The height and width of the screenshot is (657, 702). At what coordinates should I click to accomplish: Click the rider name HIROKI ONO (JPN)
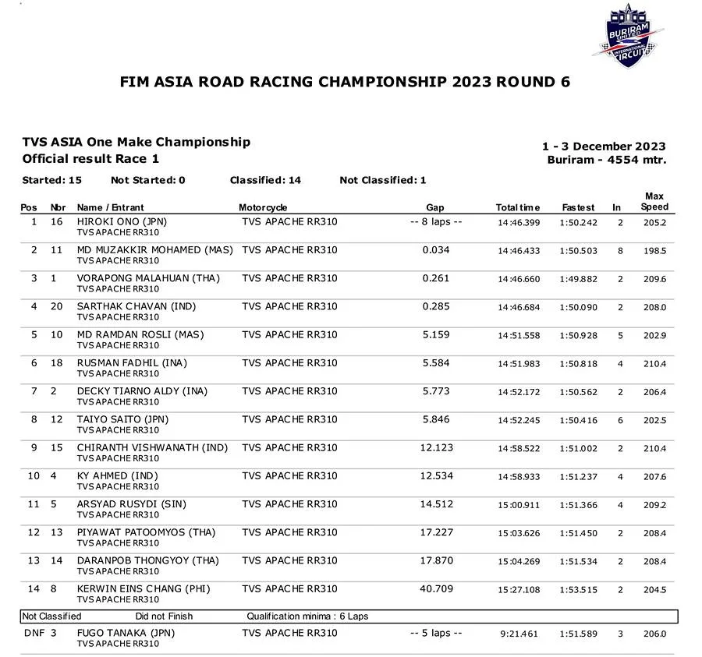(x=122, y=222)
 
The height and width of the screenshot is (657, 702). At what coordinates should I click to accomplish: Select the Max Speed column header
(x=654, y=202)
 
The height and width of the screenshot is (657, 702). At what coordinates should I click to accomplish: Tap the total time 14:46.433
(x=519, y=251)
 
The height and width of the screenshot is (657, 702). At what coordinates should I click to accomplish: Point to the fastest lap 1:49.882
(x=578, y=279)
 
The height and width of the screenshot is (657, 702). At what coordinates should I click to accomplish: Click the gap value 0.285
(x=436, y=306)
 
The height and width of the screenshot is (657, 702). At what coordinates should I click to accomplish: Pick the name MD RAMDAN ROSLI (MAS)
(x=140, y=335)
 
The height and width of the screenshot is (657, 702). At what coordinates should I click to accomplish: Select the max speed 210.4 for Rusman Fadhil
(x=654, y=364)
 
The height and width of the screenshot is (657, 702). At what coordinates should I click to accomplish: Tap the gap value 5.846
(x=436, y=419)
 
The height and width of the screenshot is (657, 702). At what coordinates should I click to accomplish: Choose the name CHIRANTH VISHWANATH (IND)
(x=152, y=448)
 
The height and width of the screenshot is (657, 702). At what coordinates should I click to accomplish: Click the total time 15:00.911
(x=519, y=505)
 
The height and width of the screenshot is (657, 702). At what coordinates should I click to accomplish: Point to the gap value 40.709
(x=436, y=589)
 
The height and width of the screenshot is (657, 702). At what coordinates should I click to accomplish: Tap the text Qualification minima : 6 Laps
(x=307, y=616)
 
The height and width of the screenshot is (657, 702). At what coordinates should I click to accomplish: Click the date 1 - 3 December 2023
(x=604, y=147)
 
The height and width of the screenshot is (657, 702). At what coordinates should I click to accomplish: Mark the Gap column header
(x=435, y=207)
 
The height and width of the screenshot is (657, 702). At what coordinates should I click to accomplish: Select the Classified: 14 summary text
(x=265, y=180)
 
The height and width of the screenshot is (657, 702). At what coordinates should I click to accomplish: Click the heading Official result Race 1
(x=90, y=158)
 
